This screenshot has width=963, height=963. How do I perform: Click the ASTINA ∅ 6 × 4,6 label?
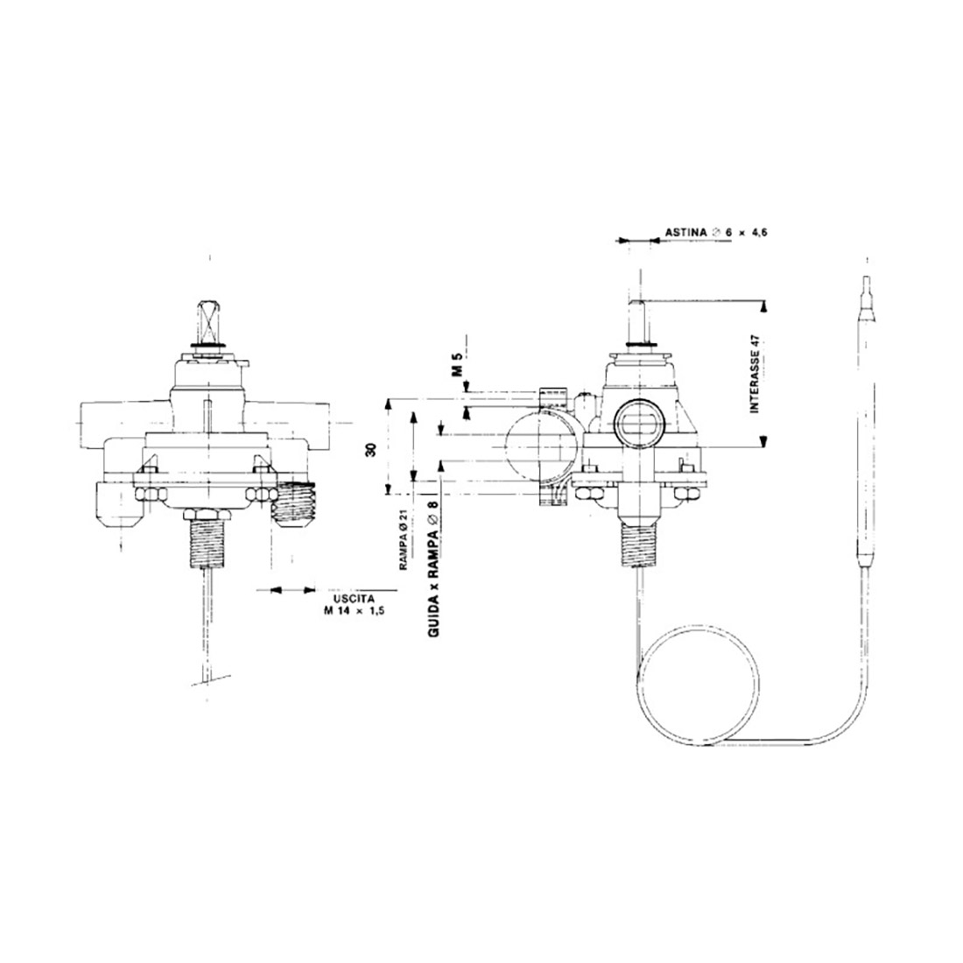(716, 233)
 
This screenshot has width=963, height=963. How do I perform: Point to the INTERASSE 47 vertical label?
(756, 373)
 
